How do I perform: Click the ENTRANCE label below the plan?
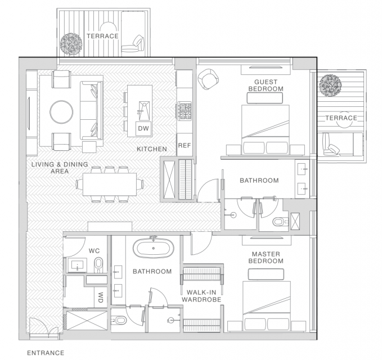click(46, 353)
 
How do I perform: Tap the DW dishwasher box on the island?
click(143, 128)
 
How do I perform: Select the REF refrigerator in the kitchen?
click(185, 145)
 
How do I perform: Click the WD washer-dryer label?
click(100, 298)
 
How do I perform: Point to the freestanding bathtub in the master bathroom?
click(153, 248)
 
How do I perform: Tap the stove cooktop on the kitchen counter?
click(185, 111)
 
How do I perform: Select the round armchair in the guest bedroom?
click(208, 79)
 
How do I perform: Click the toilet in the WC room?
click(98, 264)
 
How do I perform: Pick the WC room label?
click(94, 251)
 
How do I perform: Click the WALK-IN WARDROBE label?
click(201, 296)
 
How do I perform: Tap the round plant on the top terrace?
click(71, 44)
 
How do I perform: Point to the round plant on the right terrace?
click(330, 85)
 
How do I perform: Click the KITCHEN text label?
click(152, 149)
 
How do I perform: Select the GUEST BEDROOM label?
click(266, 85)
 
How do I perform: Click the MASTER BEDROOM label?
click(266, 258)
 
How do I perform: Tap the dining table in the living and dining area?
click(110, 184)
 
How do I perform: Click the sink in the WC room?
click(78, 265)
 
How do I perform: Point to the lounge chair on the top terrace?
click(133, 44)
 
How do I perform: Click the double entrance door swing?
click(44, 327)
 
